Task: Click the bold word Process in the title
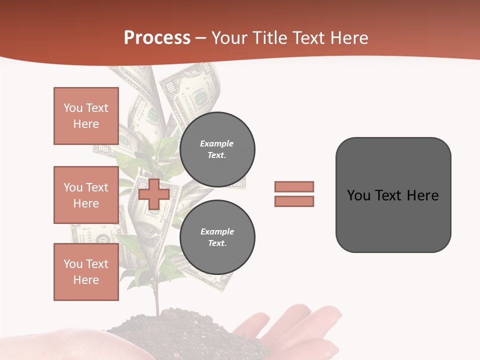click(157, 38)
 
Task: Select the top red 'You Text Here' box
click(86, 116)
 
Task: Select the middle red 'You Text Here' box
click(86, 195)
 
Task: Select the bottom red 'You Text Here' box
click(86, 272)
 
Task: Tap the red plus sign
click(153, 194)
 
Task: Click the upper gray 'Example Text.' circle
click(217, 149)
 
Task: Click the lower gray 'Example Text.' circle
click(217, 237)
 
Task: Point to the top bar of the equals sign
click(294, 186)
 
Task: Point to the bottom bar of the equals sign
click(294, 201)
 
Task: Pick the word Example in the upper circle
click(217, 143)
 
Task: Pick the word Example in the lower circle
click(217, 231)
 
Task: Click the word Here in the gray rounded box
click(423, 195)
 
